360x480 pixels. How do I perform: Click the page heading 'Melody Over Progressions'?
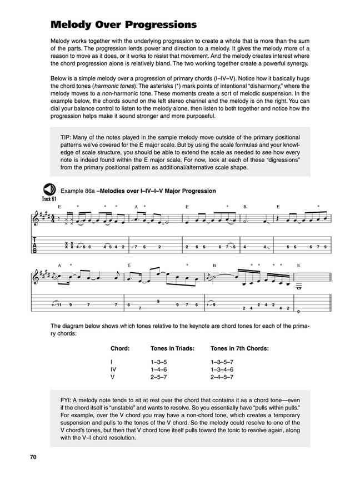click(123, 25)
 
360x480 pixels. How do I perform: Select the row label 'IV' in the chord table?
click(114, 369)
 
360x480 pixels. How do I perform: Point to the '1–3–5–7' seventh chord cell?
click(222, 361)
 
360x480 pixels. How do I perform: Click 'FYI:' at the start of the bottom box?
click(68, 401)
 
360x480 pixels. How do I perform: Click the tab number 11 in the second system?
click(59, 304)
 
